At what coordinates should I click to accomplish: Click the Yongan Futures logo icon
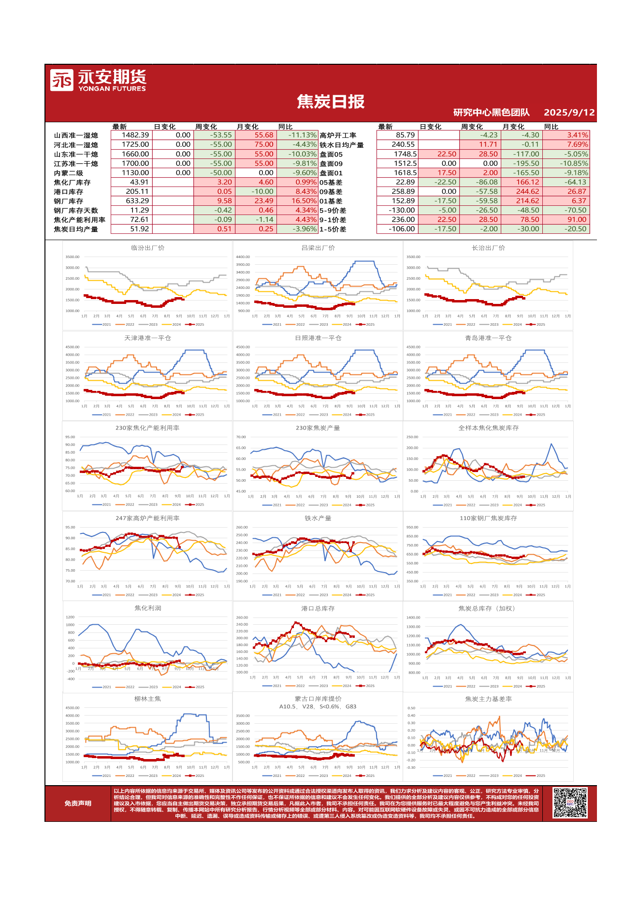point(61,80)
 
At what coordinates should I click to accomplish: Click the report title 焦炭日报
point(331,102)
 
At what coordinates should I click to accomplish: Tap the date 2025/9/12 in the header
point(569,113)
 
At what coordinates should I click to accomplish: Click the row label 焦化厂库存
point(72,183)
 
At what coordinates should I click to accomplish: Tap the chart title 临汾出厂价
point(147,248)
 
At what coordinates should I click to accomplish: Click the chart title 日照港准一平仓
point(318,338)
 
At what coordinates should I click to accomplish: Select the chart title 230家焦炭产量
point(318,428)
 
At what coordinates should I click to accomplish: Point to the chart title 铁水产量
point(318,518)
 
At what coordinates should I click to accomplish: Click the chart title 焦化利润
point(147,608)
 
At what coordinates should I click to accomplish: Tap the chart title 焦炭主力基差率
point(488,699)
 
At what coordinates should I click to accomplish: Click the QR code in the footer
point(570,803)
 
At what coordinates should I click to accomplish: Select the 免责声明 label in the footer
point(78,804)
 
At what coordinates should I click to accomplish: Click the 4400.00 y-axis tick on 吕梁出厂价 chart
point(243,257)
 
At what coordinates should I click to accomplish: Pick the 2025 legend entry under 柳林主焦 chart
point(197,776)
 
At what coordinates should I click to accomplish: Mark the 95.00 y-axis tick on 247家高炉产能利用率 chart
point(70,528)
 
